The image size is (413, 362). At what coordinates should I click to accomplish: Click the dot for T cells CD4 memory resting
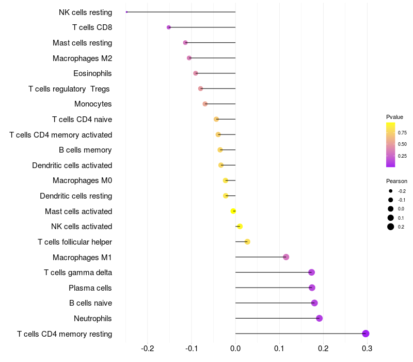click(x=366, y=334)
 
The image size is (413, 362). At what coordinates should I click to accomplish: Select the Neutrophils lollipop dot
click(x=319, y=318)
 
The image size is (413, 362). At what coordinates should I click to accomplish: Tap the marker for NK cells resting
click(x=126, y=12)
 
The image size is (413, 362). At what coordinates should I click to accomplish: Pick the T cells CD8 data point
click(x=169, y=27)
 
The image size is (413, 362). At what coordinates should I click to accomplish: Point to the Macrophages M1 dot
click(x=286, y=257)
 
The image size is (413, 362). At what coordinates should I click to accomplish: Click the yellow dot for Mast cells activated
click(x=233, y=211)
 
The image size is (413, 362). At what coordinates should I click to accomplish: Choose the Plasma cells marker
click(x=312, y=288)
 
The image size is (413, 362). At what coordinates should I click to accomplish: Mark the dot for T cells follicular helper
click(x=247, y=242)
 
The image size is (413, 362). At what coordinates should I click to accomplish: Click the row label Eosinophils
click(x=92, y=73)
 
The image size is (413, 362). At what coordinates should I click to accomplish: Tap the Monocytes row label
click(x=93, y=104)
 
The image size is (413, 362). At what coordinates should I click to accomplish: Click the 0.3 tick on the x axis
click(x=367, y=348)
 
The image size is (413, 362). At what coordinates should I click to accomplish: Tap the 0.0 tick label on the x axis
click(x=235, y=348)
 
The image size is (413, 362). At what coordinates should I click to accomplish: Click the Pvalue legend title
click(x=394, y=117)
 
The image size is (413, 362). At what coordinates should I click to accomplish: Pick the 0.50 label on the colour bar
click(x=402, y=144)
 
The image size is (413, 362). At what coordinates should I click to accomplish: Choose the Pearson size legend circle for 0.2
click(x=391, y=227)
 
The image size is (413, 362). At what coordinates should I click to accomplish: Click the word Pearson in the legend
click(x=396, y=181)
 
